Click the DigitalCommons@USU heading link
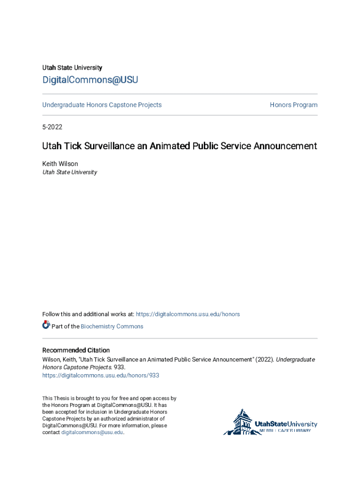90,80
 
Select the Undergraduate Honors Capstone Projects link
102,105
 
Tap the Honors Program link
293,105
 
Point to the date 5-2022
52,127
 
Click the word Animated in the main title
170,146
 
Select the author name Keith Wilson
60,164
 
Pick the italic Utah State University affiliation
70,172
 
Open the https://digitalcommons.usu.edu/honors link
187,314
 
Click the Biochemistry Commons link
112,327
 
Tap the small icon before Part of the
46,325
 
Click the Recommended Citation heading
76,350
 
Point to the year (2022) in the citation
264,360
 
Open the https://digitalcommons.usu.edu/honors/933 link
101,375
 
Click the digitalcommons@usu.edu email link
92,433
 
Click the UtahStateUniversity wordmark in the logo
286,424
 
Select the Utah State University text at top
72,68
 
